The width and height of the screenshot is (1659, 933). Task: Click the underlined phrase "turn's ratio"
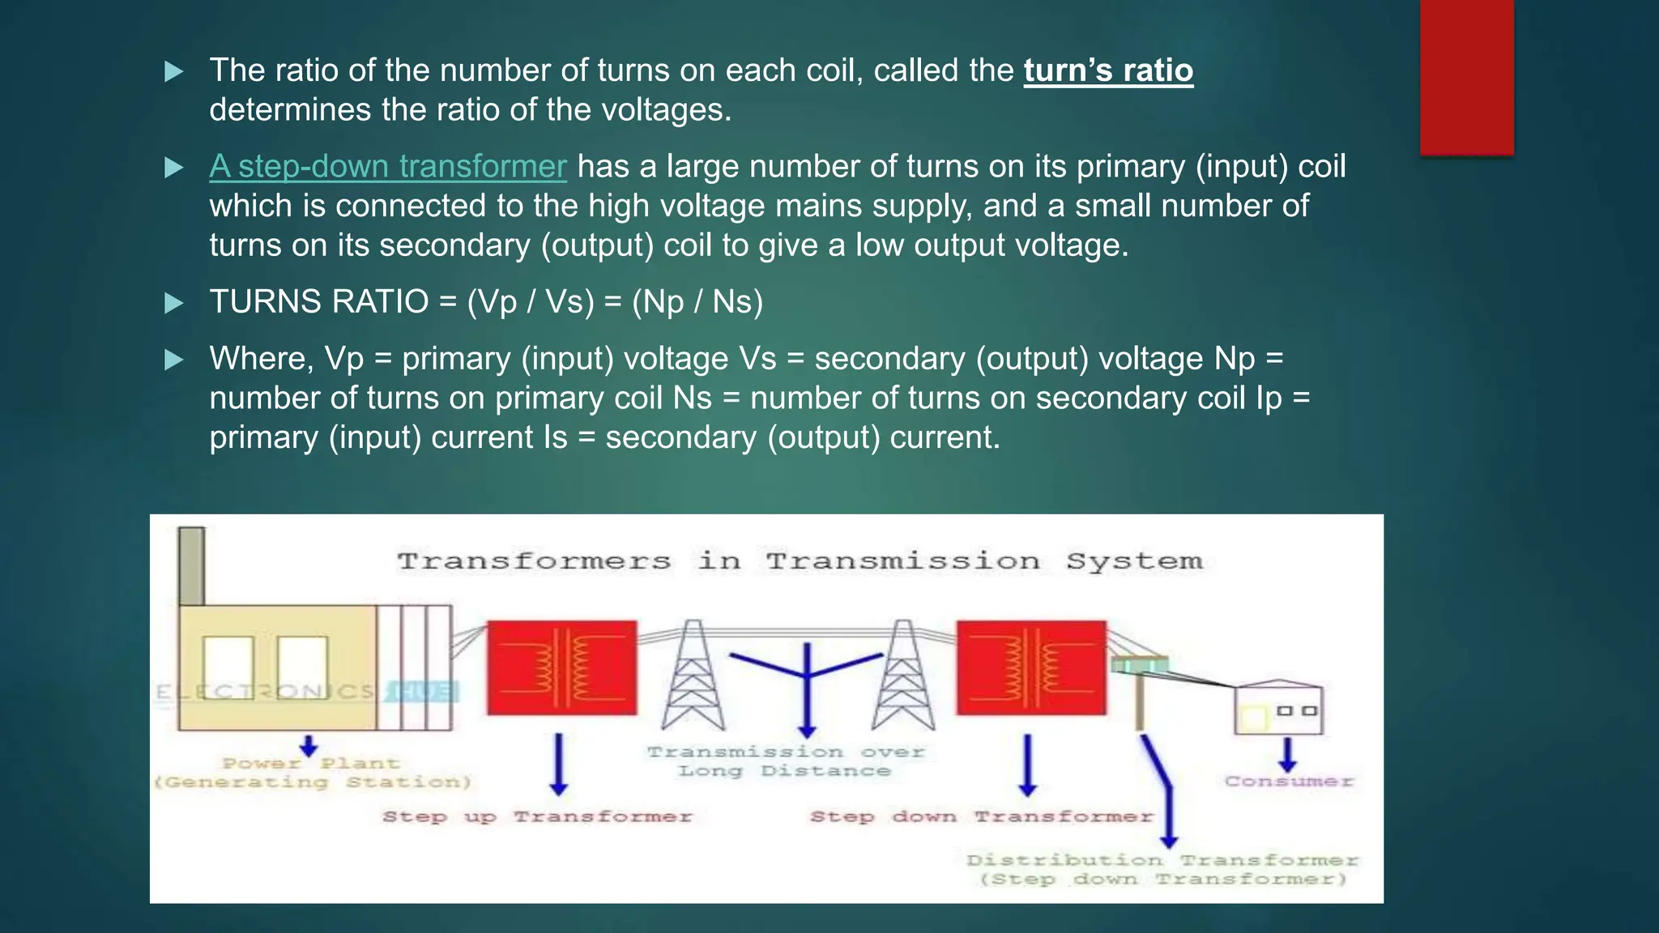click(x=1107, y=70)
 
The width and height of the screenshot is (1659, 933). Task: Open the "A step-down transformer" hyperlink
click(x=387, y=166)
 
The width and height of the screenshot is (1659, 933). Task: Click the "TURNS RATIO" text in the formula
click(x=318, y=302)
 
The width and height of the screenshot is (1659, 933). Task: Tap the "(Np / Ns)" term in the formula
click(x=697, y=302)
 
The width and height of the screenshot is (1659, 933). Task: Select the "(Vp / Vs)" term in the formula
click(x=531, y=302)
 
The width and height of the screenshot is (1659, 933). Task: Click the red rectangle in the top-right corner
click(x=1466, y=77)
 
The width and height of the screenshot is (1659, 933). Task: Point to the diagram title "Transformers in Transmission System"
click(x=800, y=560)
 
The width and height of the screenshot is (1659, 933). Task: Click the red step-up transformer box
click(x=561, y=667)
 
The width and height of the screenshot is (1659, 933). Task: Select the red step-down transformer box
click(x=1030, y=667)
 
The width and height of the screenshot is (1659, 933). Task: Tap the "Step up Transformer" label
click(x=537, y=816)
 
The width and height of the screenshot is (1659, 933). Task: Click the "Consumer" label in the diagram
click(x=1288, y=782)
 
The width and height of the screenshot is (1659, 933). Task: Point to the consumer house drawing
click(x=1277, y=708)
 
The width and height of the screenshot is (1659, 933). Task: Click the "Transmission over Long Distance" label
click(x=785, y=761)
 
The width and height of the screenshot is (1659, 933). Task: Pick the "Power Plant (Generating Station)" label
click(x=312, y=773)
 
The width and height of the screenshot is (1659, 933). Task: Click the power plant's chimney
click(x=191, y=565)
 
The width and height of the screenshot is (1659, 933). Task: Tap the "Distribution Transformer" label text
click(x=1162, y=860)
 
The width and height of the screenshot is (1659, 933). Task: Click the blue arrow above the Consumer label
click(x=1287, y=754)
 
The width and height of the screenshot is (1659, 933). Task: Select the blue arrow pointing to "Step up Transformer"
click(x=559, y=764)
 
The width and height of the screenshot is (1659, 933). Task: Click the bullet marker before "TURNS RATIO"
click(x=173, y=304)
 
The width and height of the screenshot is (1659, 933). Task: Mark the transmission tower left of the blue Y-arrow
click(x=693, y=675)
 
